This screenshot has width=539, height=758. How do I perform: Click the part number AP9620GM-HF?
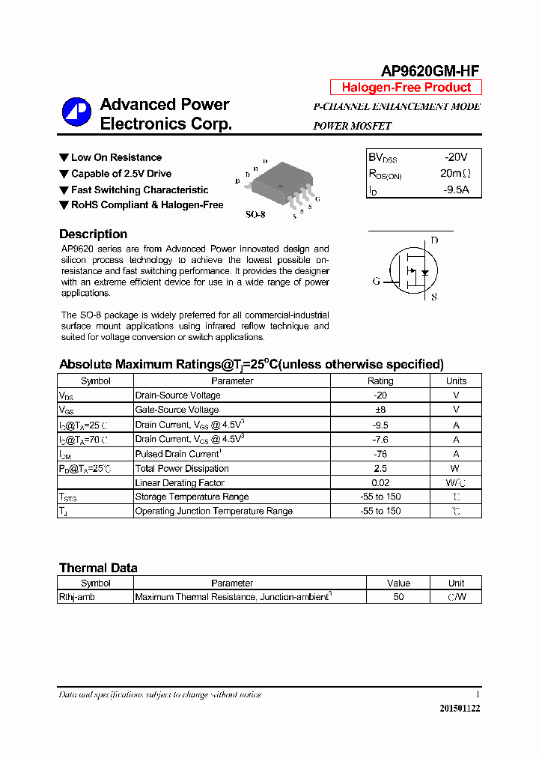[430, 71]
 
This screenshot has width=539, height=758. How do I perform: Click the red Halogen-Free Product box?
[406, 88]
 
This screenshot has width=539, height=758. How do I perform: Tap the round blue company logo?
[76, 113]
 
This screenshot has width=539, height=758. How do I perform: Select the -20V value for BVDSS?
[455, 157]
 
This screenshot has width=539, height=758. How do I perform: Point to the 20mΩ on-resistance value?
[455, 174]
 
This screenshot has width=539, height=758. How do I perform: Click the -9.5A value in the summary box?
[455, 189]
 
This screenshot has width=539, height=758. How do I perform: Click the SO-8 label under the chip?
[255, 215]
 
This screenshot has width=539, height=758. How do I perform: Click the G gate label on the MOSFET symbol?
[376, 282]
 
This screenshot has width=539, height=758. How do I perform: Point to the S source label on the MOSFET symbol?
[433, 297]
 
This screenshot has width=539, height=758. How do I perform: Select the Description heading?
[93, 234]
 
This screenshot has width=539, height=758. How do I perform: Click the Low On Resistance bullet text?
[116, 157]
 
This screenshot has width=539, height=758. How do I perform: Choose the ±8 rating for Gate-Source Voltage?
[380, 410]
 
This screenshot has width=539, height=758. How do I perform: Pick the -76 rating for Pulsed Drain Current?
[380, 454]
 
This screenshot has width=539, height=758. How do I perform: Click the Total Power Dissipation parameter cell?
[182, 469]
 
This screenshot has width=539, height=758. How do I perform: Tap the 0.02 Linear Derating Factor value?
[380, 483]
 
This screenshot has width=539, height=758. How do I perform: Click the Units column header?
[456, 380]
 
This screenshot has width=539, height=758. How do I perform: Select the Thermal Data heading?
[98, 568]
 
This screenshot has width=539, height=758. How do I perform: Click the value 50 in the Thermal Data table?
[398, 597]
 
